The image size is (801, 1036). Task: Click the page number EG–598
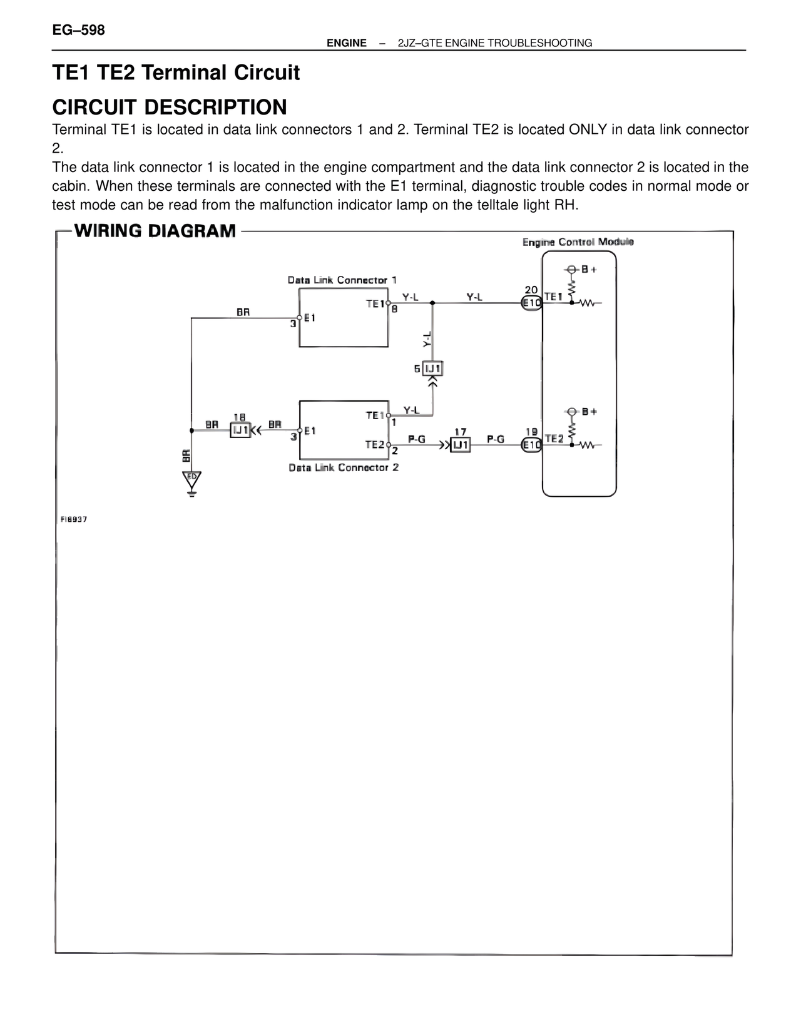pyautogui.click(x=78, y=30)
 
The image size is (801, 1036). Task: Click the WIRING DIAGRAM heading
pyautogui.click(x=155, y=231)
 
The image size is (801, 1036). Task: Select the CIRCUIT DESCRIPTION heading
pyautogui.click(x=170, y=107)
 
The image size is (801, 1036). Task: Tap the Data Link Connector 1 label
pyautogui.click(x=342, y=280)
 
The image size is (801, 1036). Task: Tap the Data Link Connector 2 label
pyautogui.click(x=344, y=467)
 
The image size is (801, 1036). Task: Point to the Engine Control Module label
pyautogui.click(x=578, y=242)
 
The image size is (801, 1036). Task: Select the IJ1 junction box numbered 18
pyautogui.click(x=240, y=430)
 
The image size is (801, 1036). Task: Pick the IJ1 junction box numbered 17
pyautogui.click(x=460, y=445)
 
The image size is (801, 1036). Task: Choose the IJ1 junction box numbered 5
pyautogui.click(x=433, y=368)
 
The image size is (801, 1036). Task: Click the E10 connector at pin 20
pyautogui.click(x=531, y=303)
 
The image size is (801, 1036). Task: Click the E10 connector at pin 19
pyautogui.click(x=531, y=445)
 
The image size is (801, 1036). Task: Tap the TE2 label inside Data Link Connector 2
pyautogui.click(x=375, y=445)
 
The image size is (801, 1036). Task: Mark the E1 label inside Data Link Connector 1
pyautogui.click(x=310, y=318)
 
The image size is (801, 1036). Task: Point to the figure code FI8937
pyautogui.click(x=73, y=519)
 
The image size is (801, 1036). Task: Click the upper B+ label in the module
pyautogui.click(x=589, y=269)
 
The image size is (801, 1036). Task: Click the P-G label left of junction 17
pyautogui.click(x=416, y=439)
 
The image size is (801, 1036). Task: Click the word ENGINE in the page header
pyautogui.click(x=347, y=43)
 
